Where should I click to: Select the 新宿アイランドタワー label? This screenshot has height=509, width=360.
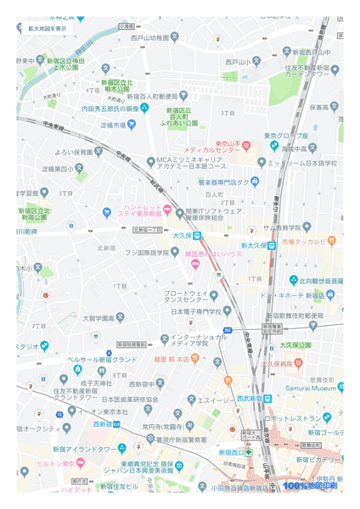[84, 448]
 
